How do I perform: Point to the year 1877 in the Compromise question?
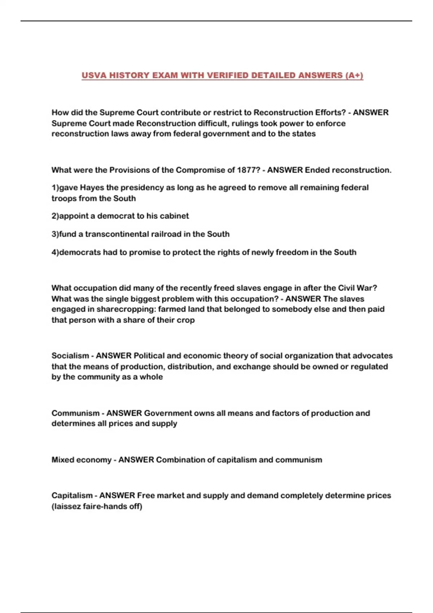click(x=248, y=170)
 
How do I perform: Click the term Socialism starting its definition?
click(x=70, y=356)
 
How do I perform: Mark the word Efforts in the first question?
click(x=330, y=113)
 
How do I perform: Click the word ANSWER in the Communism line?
click(x=124, y=413)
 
